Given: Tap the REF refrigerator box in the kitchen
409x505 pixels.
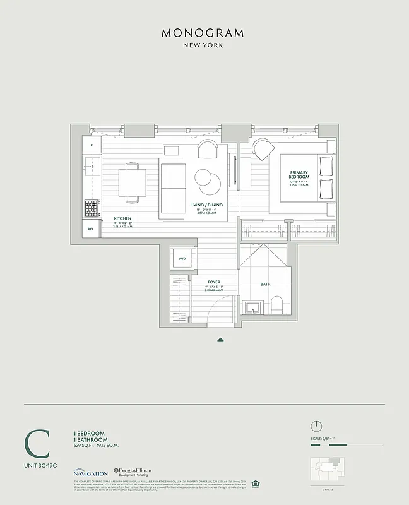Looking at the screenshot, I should coord(91,229).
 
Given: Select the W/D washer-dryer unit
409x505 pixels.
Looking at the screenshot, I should coord(182,259).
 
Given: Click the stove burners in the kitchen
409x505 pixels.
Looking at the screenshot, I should coord(91,207).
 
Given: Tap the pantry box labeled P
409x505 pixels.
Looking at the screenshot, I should coord(92,145).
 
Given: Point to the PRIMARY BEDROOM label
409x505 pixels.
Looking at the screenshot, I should coord(299,174).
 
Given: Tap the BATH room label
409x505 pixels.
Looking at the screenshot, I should coord(266,284).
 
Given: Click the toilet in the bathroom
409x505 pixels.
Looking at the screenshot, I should coord(277,307).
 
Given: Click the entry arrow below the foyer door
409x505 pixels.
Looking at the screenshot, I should coord(220,340).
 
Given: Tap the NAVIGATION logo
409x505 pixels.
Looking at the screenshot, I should coord(90,472).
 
